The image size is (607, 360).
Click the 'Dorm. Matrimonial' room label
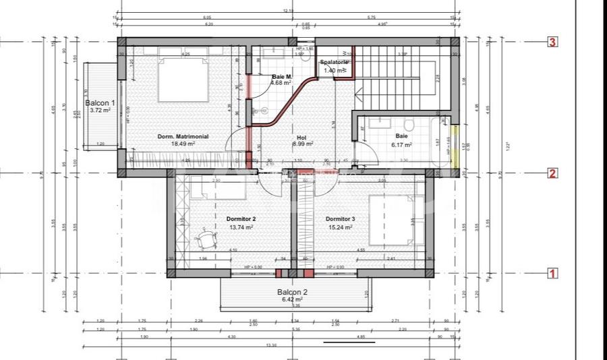[183, 136]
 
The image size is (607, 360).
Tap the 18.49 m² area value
[183, 144]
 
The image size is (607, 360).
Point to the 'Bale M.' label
[282, 77]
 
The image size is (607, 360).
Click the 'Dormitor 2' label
[240, 219]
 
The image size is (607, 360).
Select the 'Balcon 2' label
[292, 292]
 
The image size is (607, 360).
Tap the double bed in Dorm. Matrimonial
[182, 80]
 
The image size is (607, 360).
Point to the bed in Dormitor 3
[396, 220]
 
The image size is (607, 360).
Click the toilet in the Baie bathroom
[409, 123]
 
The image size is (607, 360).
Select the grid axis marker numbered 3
[552, 42]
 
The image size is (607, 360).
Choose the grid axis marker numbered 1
[552, 274]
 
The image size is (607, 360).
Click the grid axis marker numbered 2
[552, 173]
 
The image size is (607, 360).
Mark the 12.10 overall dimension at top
[288, 11]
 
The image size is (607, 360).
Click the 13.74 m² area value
[240, 227]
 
